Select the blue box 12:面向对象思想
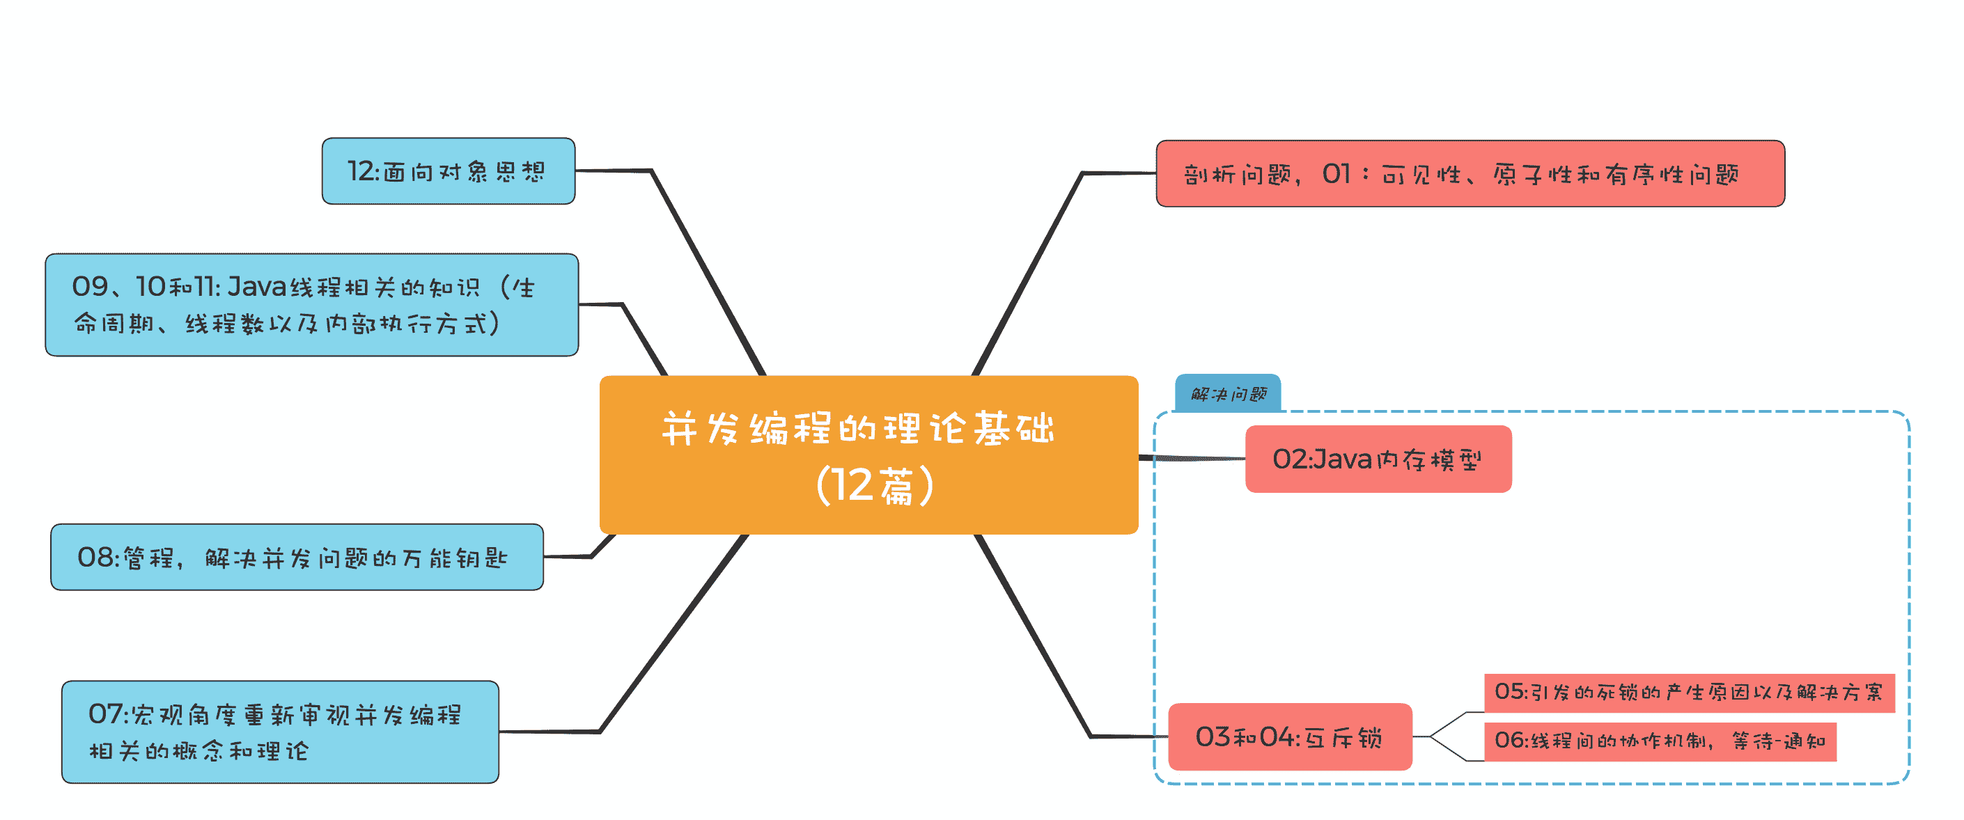point(448,171)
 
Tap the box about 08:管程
point(297,557)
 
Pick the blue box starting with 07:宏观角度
point(280,732)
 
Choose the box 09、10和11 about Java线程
point(311,305)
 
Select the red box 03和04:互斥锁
point(1289,736)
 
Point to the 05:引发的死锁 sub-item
point(1688,693)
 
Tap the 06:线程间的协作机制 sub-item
point(1659,741)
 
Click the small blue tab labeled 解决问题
point(1227,394)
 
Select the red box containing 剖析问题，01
point(1470,174)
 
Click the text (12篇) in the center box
point(874,485)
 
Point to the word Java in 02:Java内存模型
point(1341,459)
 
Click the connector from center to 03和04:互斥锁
point(1033,636)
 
